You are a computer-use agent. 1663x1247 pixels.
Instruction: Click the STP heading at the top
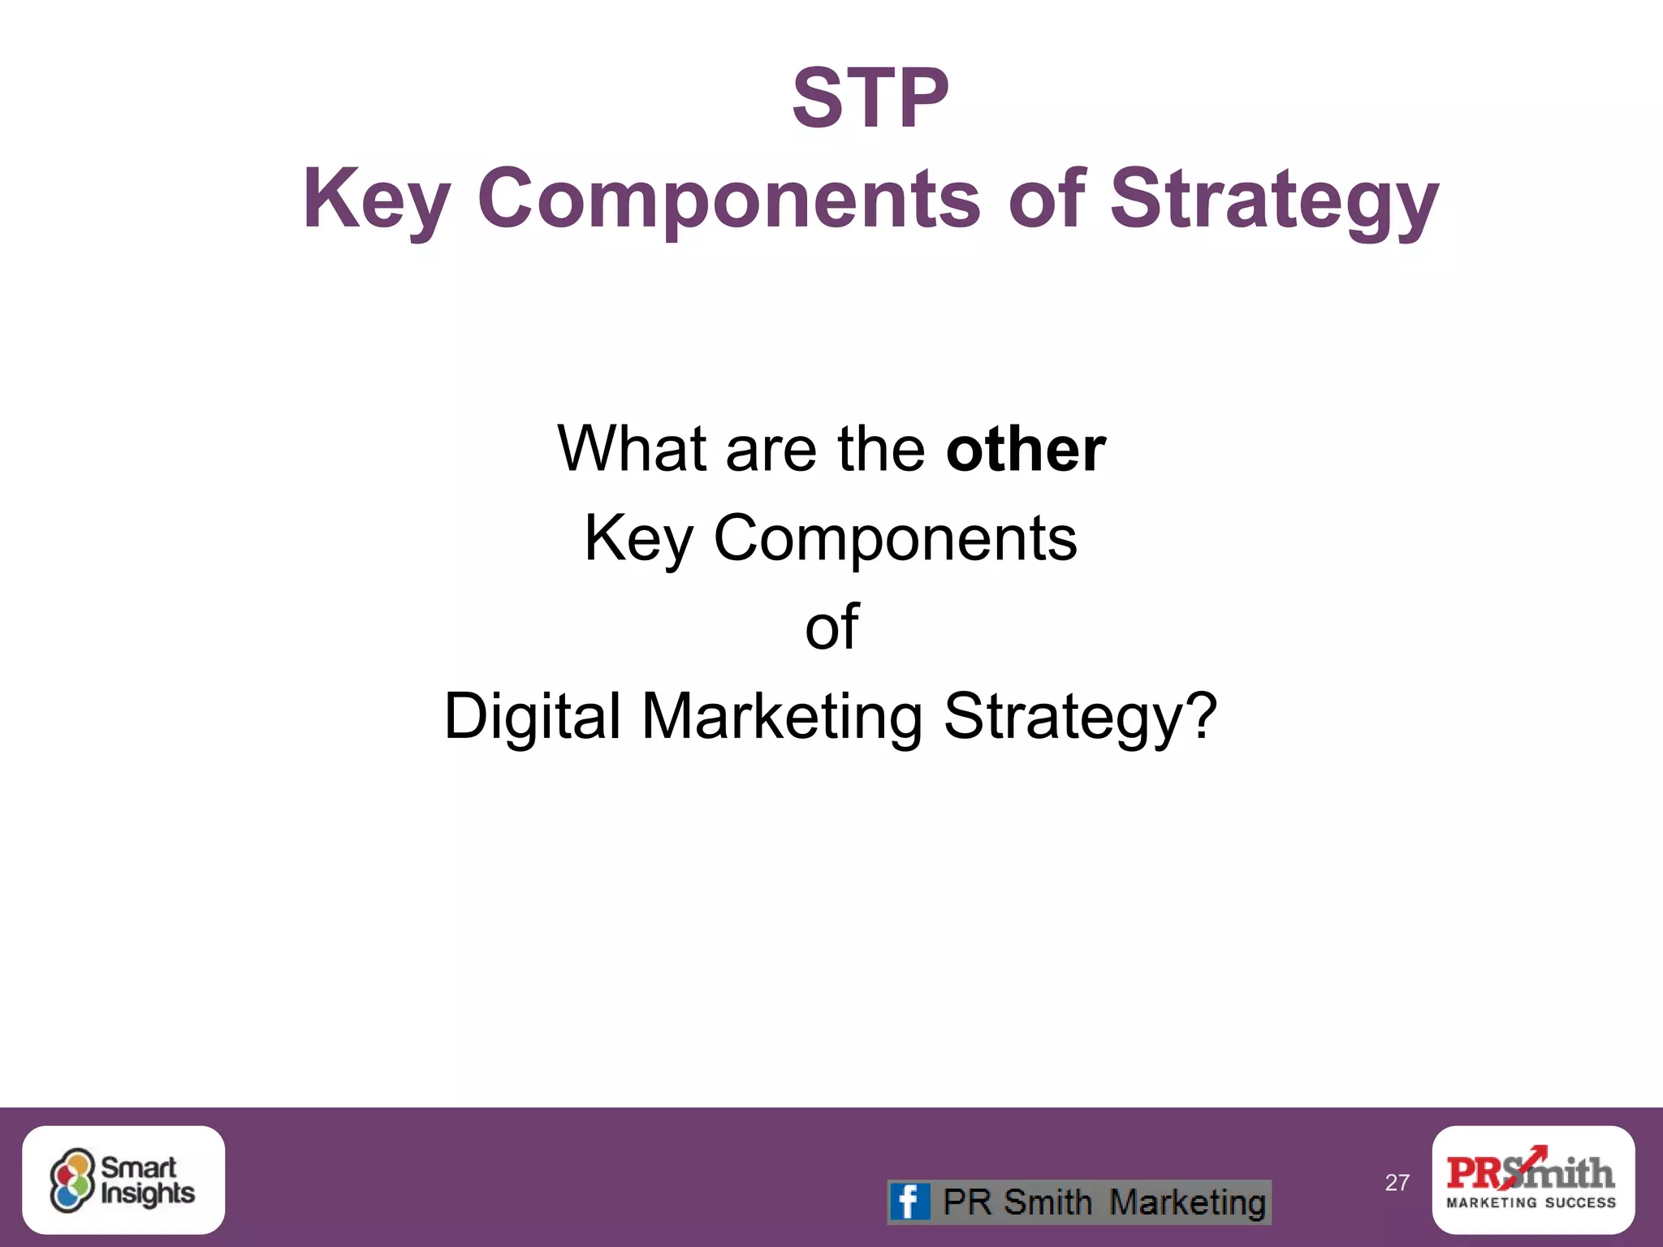coord(870,99)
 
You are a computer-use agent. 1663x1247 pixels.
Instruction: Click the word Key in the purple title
coord(376,200)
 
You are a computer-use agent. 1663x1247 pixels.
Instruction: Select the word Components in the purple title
coord(728,200)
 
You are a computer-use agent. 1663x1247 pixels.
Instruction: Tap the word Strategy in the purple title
coord(1274,200)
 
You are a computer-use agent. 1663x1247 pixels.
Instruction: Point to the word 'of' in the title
coord(1046,198)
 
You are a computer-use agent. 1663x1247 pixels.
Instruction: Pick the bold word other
coord(1025,448)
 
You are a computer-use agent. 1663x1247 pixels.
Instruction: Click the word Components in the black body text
coord(894,537)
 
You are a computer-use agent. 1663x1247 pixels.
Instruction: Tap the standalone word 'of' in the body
coord(831,627)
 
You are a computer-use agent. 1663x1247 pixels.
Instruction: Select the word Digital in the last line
coord(532,716)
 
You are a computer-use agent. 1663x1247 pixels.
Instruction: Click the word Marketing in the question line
coord(782,716)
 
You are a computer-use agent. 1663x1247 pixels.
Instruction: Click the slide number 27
coord(1397,1182)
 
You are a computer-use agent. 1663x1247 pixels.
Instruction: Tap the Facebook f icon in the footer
coord(909,1202)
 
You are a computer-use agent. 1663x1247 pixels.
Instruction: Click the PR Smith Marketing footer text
coord(1104,1202)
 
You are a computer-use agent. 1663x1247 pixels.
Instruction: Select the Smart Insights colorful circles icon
coord(71,1180)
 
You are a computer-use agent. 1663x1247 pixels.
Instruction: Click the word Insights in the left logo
coord(148,1193)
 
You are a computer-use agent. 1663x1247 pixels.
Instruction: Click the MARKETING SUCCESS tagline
coord(1531,1203)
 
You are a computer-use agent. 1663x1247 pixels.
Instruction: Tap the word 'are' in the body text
coord(771,448)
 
